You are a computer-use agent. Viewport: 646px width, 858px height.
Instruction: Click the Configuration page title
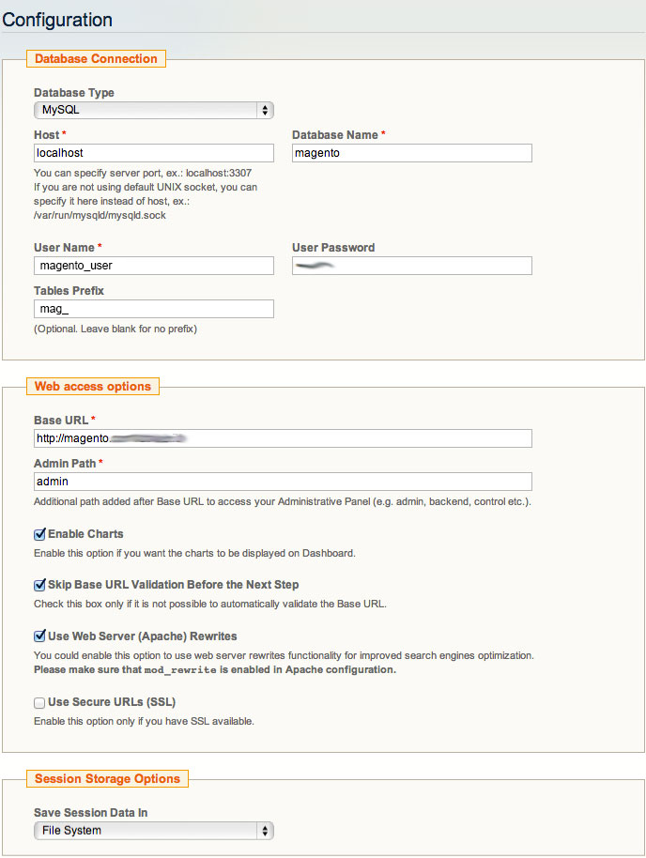pos(57,19)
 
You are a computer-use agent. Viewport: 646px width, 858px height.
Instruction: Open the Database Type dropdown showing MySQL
pos(153,111)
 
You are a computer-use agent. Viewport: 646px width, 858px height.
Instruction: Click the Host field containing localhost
pos(153,153)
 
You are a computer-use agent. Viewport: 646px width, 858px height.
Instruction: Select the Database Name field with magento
pos(411,153)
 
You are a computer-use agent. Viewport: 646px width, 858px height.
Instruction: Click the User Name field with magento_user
pos(153,266)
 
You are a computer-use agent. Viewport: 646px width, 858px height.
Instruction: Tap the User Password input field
pos(411,266)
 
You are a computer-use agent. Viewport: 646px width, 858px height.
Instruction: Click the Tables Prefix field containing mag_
pos(153,309)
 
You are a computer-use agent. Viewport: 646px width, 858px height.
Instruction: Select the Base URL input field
pos(282,438)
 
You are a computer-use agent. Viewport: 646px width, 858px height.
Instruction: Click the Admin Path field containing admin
pos(282,482)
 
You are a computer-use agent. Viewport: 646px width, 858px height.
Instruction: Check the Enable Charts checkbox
pos(39,534)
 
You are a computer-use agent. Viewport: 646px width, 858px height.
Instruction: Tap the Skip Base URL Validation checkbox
pos(39,585)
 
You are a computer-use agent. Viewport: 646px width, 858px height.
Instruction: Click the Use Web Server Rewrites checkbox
pos(39,636)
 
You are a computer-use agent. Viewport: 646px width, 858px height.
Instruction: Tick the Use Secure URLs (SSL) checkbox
pos(39,702)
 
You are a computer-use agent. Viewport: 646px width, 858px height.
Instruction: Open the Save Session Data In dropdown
pos(153,831)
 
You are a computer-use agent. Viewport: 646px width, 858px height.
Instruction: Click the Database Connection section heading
pos(96,58)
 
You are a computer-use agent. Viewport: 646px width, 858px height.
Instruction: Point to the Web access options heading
pos(92,386)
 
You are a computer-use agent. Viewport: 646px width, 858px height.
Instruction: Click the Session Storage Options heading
pos(107,778)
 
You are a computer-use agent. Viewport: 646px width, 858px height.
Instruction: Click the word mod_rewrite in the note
pos(180,670)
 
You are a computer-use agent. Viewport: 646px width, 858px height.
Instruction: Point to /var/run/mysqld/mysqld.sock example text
pos(100,215)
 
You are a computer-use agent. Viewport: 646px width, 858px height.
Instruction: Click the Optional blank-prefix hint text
pos(115,329)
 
